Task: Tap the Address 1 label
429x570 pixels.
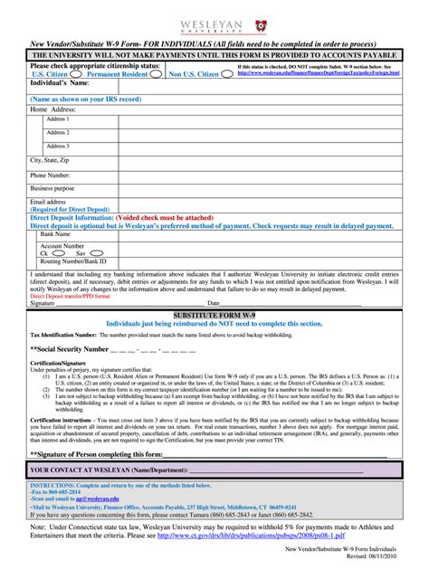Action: point(57,119)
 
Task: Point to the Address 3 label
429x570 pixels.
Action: point(57,146)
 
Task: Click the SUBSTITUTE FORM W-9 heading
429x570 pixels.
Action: point(214,312)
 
